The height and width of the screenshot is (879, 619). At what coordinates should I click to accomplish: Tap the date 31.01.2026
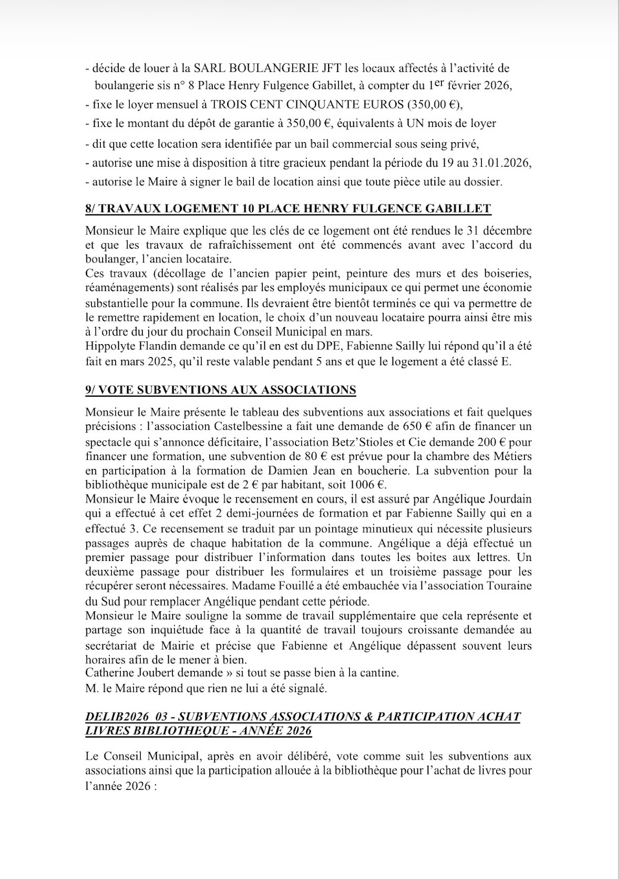(504, 163)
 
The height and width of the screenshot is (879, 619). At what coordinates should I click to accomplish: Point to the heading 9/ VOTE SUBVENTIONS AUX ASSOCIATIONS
(221, 390)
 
